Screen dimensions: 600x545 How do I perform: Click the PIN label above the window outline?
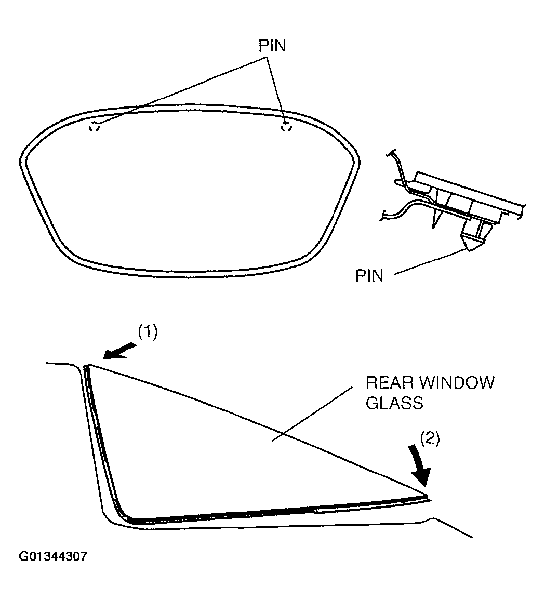point(272,45)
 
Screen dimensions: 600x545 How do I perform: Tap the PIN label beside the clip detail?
point(369,275)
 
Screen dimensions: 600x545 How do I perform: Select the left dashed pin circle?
point(94,126)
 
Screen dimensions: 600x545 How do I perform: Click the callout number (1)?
point(147,332)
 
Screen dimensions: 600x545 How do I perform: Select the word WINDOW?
point(455,383)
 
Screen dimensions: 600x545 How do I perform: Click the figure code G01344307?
point(53,557)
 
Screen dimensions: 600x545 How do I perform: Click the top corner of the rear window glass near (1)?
point(87,366)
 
